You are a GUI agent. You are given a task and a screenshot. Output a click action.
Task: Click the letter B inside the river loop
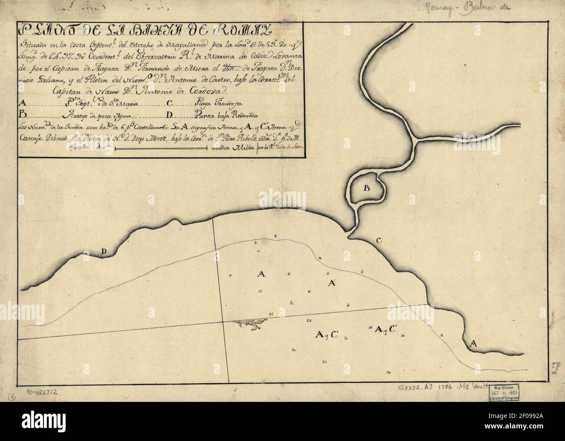(x=366, y=188)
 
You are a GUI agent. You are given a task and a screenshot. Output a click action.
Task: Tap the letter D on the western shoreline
(x=104, y=251)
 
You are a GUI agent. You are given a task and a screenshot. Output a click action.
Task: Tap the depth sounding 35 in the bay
(x=325, y=362)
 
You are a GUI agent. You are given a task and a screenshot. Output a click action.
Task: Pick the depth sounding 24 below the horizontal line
(x=309, y=321)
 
